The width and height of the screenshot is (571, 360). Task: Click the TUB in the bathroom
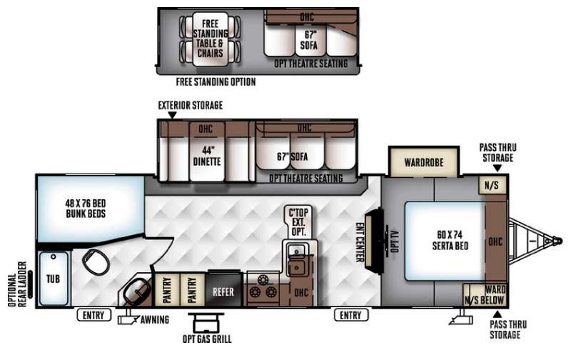[54, 279]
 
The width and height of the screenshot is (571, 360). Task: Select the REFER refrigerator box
[223, 291]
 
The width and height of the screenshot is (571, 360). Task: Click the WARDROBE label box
[423, 162]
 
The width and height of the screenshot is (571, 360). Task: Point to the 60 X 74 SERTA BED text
[450, 240]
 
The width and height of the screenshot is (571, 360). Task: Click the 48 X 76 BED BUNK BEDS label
[86, 209]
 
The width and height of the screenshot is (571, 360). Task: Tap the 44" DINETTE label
[207, 156]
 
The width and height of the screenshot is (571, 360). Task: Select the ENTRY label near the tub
[94, 315]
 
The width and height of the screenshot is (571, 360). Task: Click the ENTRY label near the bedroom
[350, 315]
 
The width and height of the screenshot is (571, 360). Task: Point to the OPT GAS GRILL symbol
[206, 322]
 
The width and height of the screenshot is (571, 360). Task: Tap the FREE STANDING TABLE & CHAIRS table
[210, 39]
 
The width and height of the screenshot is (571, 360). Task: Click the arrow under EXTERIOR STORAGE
[172, 115]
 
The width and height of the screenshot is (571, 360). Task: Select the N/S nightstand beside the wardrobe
[491, 185]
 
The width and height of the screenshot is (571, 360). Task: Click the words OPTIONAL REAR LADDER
[17, 284]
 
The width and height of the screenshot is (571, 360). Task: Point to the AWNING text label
[155, 319]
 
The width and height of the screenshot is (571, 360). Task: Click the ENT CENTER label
[360, 242]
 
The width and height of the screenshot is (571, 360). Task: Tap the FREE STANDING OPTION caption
[216, 81]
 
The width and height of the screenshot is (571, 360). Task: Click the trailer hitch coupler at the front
[557, 241]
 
